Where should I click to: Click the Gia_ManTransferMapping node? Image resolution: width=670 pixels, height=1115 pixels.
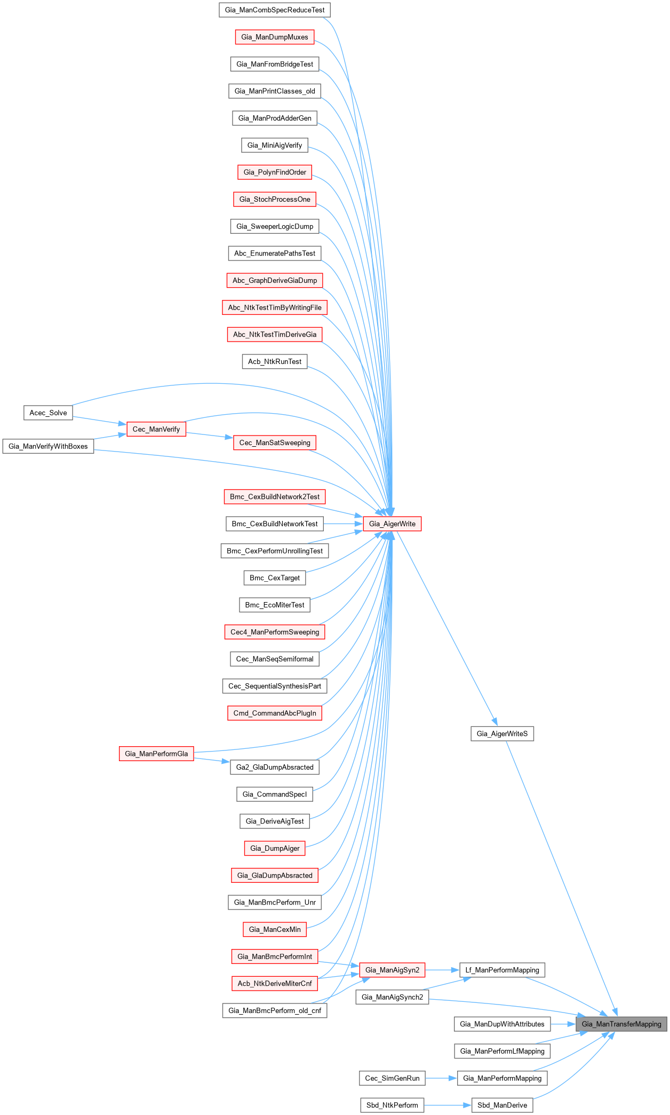621,1024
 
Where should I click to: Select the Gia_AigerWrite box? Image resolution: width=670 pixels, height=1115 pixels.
392,524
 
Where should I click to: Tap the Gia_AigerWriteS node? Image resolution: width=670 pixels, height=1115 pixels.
502,733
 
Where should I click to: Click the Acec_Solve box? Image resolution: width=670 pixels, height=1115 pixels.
48,413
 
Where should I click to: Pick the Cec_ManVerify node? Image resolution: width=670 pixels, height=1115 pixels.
156,429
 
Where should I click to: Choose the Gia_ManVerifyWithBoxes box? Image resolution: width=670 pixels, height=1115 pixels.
48,446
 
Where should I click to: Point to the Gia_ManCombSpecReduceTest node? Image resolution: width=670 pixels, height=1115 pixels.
275,10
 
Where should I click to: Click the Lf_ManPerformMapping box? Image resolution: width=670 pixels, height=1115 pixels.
502,970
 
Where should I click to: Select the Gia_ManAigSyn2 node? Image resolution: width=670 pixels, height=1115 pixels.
392,970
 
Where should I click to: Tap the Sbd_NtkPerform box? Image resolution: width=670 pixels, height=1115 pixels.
392,1105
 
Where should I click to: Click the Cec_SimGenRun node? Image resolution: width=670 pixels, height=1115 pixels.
392,1078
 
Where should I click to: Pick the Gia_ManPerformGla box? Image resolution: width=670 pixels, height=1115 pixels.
156,754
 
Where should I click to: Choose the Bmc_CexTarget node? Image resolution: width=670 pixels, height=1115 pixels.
275,578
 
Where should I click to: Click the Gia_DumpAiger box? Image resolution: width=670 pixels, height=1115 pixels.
275,848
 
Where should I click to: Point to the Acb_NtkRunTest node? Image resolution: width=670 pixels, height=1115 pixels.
275,361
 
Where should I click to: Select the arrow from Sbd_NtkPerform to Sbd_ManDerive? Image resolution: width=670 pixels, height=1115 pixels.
448,1105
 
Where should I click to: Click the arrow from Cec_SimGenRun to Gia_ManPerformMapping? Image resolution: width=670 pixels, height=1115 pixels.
441,1078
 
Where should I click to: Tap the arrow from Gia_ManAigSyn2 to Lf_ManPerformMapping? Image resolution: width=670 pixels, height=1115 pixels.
442,970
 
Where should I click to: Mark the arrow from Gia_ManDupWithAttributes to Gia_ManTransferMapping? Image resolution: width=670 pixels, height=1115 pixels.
563,1024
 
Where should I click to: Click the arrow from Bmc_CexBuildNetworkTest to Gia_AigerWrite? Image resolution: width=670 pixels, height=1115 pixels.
343,524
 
